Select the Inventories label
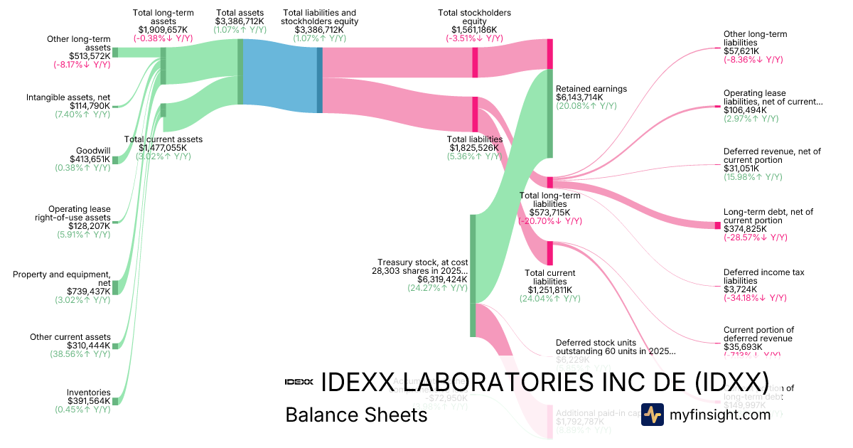[x=89, y=392]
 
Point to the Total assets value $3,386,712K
[x=240, y=21]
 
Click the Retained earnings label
[x=591, y=89]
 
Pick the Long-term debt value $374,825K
[x=745, y=228]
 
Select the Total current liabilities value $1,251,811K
[x=549, y=289]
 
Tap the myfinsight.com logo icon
[x=652, y=415]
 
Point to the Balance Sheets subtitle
[x=356, y=415]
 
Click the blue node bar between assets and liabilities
[x=320, y=80]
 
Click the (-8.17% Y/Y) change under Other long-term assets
[x=82, y=65]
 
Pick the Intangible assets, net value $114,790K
[x=90, y=106]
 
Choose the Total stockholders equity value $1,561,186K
[x=474, y=30]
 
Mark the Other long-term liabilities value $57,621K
[x=741, y=51]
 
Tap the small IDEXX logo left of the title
[x=299, y=382]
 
